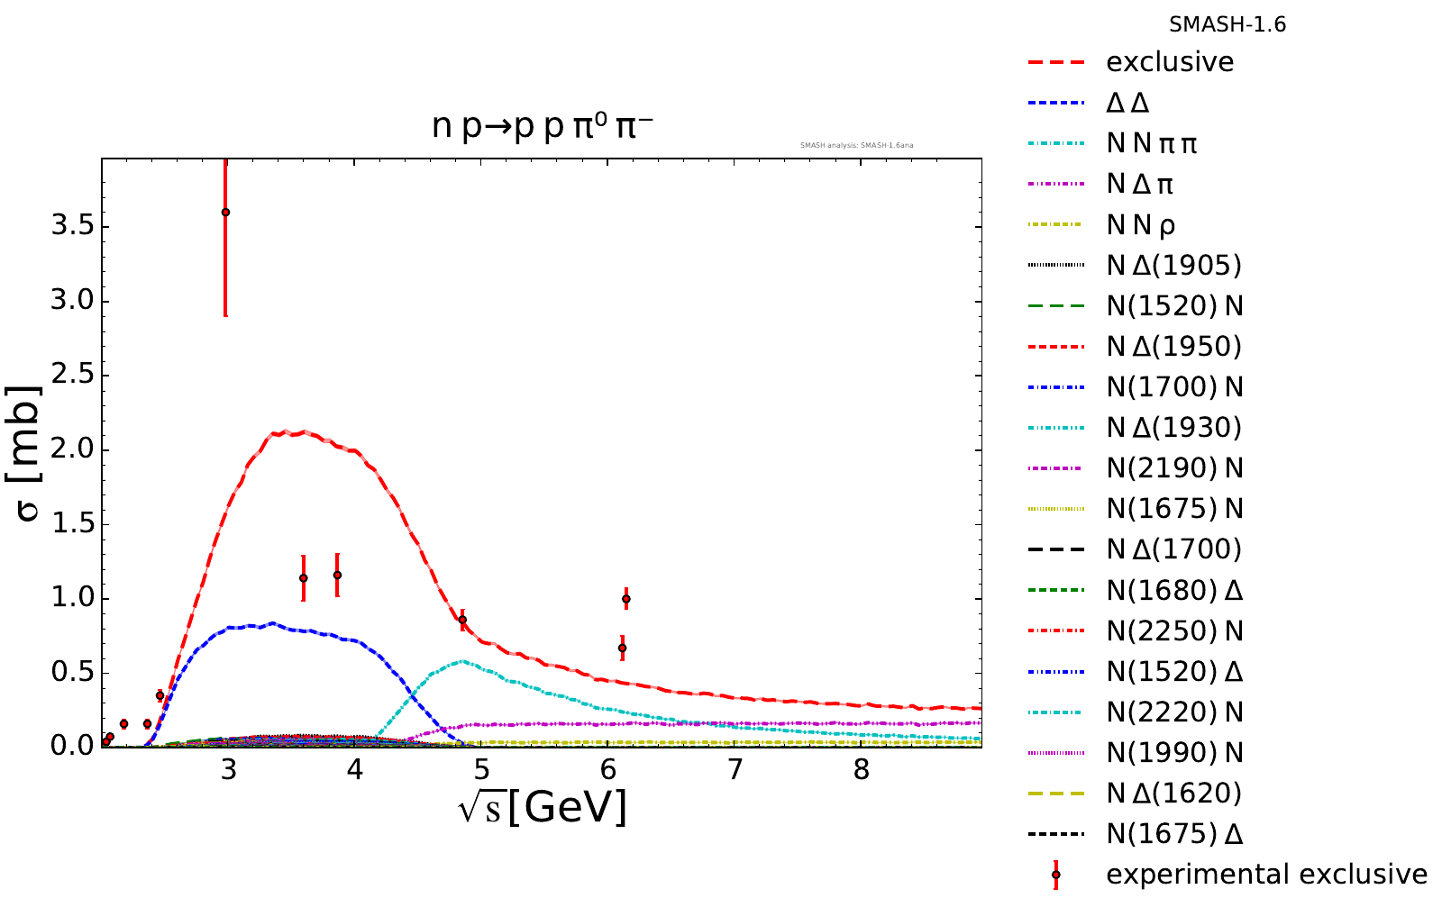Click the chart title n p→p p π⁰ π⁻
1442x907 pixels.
[x=542, y=127]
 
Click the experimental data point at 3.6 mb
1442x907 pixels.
[x=225, y=213]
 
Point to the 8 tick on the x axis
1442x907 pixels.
[x=862, y=771]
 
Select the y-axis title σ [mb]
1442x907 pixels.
[x=30, y=455]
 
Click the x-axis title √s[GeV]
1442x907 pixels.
[x=542, y=807]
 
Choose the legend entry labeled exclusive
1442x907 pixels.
[x=1170, y=62]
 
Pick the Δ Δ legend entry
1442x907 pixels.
[x=1127, y=103]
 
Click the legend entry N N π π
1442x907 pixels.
[x=1152, y=143]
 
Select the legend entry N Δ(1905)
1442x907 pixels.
[x=1173, y=265]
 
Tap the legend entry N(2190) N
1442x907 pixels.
[x=1174, y=468]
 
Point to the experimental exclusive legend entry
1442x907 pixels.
[x=1266, y=875]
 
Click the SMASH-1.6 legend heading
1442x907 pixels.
[x=1228, y=25]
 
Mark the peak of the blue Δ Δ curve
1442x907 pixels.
[x=272, y=622]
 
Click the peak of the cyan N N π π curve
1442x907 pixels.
[x=462, y=661]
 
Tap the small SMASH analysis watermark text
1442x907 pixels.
[x=857, y=145]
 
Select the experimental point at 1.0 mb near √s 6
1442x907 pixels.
[x=625, y=599]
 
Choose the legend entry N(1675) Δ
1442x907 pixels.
[x=1174, y=834]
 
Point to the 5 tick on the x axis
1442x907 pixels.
[x=481, y=771]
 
